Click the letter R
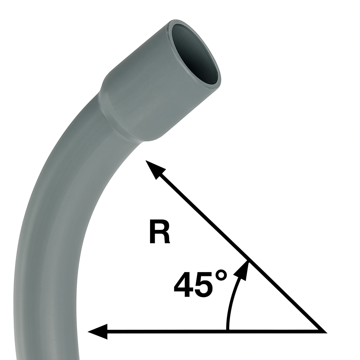click(160, 232)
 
